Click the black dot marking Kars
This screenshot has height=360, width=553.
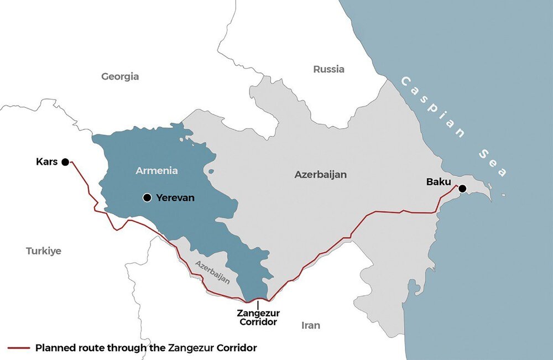pyautogui.click(x=65, y=162)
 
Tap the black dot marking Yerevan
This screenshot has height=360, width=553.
pyautogui.click(x=147, y=197)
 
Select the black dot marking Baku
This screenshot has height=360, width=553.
pyautogui.click(x=462, y=189)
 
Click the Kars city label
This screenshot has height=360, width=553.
pyautogui.click(x=46, y=162)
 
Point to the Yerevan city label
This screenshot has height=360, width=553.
pyautogui.click(x=175, y=197)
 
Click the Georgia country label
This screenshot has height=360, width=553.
pyautogui.click(x=120, y=77)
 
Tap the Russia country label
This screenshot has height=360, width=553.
pyautogui.click(x=328, y=69)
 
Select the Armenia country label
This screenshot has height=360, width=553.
pyautogui.click(x=157, y=171)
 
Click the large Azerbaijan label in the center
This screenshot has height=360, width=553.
pyautogui.click(x=320, y=174)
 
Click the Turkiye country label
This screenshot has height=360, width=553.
pyautogui.click(x=44, y=251)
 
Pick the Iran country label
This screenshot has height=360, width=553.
pyautogui.click(x=311, y=325)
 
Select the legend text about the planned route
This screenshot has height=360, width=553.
pyautogui.click(x=146, y=348)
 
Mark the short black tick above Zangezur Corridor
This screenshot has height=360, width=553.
pyautogui.click(x=258, y=305)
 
